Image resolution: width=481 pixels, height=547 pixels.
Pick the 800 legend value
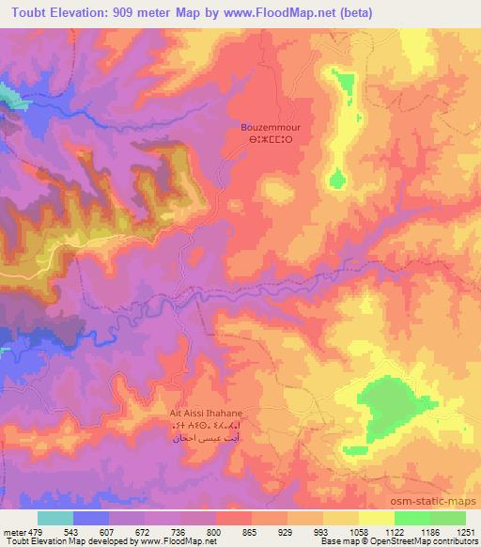point(213,533)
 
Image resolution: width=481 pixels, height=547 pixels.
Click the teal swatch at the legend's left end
point(55,518)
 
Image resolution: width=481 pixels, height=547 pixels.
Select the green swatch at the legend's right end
point(448,518)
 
